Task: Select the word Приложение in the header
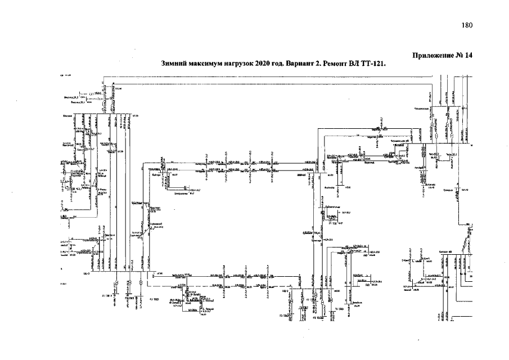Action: [433, 55]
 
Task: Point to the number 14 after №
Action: [469, 55]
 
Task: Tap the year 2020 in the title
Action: [263, 64]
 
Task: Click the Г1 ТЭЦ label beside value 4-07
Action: [332, 223]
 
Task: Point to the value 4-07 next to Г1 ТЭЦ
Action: [340, 223]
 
